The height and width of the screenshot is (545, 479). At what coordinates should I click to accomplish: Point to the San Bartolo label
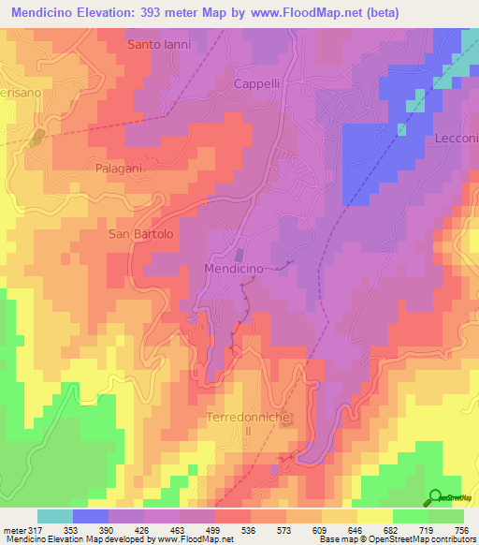pyautogui.click(x=141, y=234)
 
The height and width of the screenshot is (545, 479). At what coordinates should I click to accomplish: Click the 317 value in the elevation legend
pyautogui.click(x=29, y=529)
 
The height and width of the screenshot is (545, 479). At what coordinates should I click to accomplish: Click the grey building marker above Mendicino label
pyautogui.click(x=239, y=255)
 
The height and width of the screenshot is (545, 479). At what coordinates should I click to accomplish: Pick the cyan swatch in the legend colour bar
pyautogui.click(x=55, y=516)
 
